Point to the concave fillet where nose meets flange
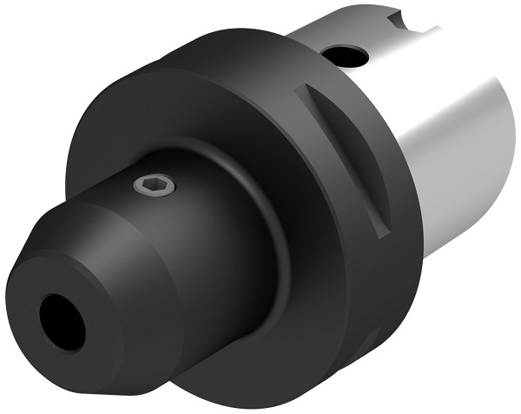(x=260, y=261)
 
